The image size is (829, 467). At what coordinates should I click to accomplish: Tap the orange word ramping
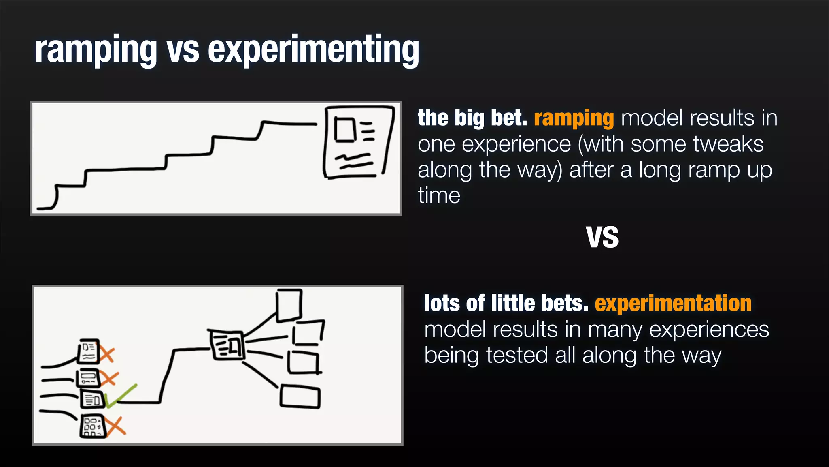pyautogui.click(x=574, y=118)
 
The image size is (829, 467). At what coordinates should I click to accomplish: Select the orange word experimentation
pyautogui.click(x=673, y=303)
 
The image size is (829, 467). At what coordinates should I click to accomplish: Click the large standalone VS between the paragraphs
pyautogui.click(x=602, y=238)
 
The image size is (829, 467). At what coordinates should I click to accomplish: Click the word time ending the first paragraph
pyautogui.click(x=439, y=196)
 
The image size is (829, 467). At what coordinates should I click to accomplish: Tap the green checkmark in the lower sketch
pyautogui.click(x=121, y=396)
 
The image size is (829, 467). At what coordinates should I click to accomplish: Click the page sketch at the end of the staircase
pyautogui.click(x=358, y=142)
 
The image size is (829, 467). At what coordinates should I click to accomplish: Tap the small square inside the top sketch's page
pyautogui.click(x=344, y=129)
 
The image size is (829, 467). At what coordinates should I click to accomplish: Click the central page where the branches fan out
pyautogui.click(x=227, y=345)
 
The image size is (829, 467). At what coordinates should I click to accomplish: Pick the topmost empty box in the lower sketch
pyautogui.click(x=289, y=305)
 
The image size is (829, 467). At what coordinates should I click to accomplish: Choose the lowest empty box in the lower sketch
pyautogui.click(x=300, y=397)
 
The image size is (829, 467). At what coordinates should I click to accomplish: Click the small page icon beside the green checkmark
pyautogui.click(x=92, y=399)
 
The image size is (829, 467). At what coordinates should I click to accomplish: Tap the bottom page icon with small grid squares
pyautogui.click(x=92, y=426)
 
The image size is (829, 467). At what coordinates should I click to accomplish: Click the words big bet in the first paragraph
pyautogui.click(x=490, y=118)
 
